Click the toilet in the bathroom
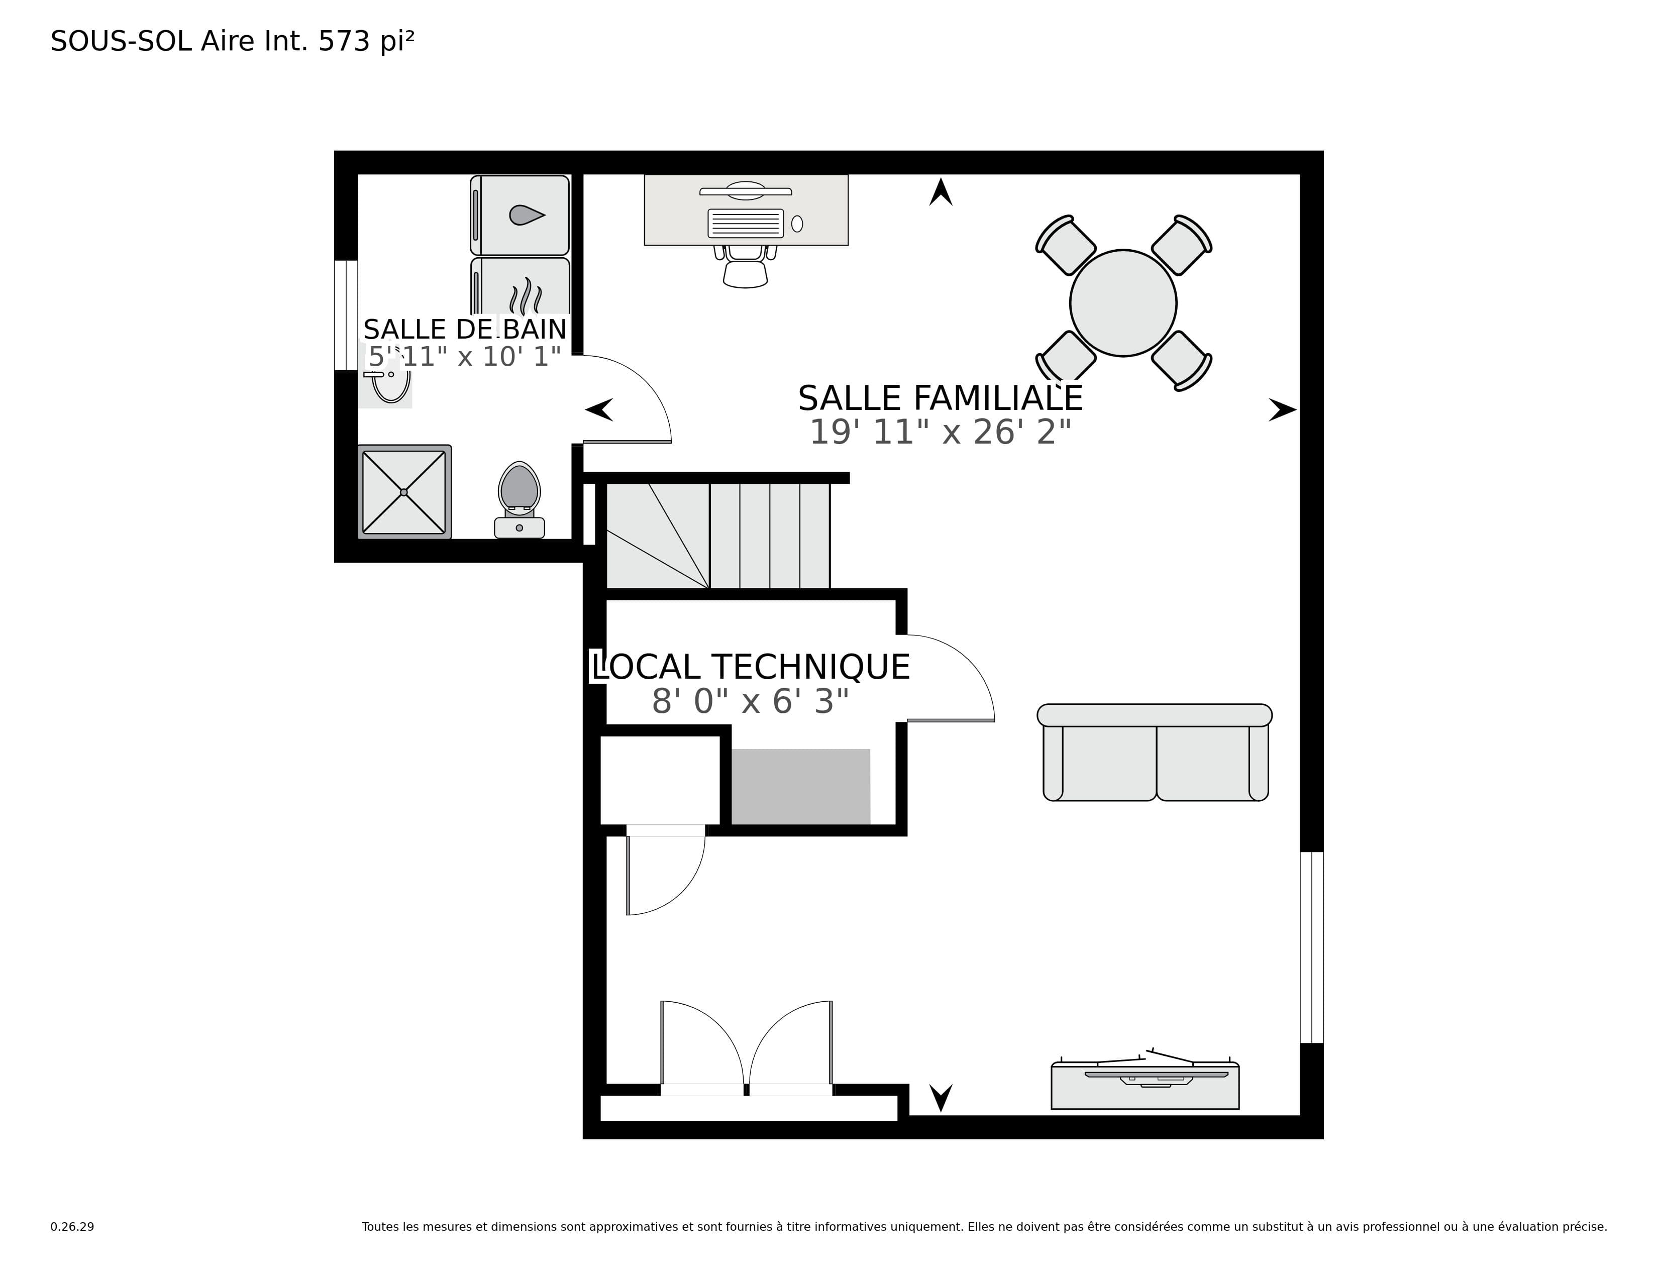[520, 500]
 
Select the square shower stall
[404, 492]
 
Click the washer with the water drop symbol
[520, 216]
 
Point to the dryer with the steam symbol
[520, 287]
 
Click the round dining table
[1123, 303]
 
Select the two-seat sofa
[1155, 752]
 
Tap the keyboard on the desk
[746, 223]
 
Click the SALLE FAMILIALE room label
[940, 398]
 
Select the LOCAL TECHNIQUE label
[750, 667]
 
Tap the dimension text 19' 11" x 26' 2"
[940, 433]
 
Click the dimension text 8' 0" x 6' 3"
[750, 701]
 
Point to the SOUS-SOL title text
[121, 41]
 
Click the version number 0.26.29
[72, 1226]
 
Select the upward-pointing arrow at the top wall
[941, 191]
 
